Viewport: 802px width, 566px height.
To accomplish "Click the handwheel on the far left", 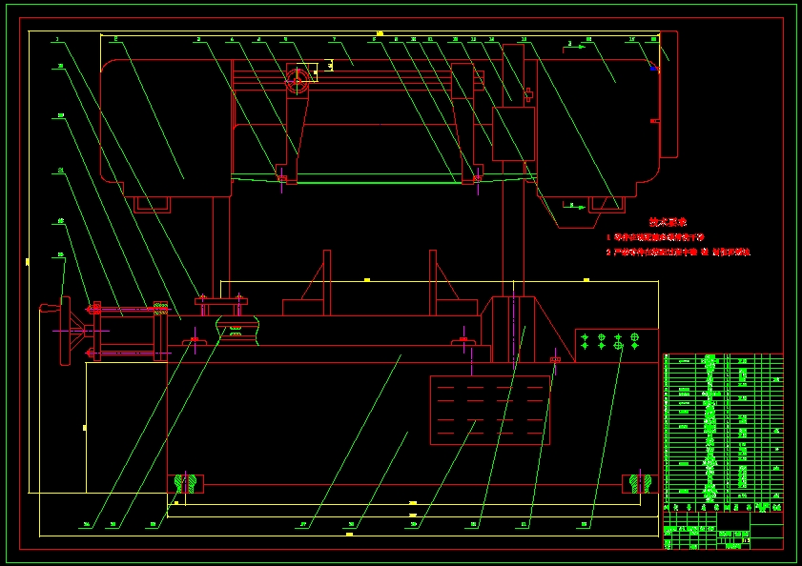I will click(65, 331).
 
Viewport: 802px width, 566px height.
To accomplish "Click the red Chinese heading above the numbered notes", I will click(668, 221).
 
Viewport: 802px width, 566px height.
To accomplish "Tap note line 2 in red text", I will click(678, 253).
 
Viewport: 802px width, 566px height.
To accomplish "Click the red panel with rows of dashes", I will click(489, 410).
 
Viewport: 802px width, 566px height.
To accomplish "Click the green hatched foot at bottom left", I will click(185, 483).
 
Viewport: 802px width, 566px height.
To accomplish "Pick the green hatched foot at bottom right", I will click(641, 483).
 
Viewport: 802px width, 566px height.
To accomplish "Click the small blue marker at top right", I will click(653, 68).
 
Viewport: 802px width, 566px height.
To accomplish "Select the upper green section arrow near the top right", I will click(574, 46).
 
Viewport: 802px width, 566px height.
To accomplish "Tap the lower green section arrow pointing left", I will click(574, 205).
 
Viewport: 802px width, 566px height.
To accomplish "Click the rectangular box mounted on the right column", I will click(513, 133).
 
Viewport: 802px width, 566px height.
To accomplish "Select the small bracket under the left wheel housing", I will click(153, 204).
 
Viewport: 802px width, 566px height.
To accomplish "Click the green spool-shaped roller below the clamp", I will click(237, 333).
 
